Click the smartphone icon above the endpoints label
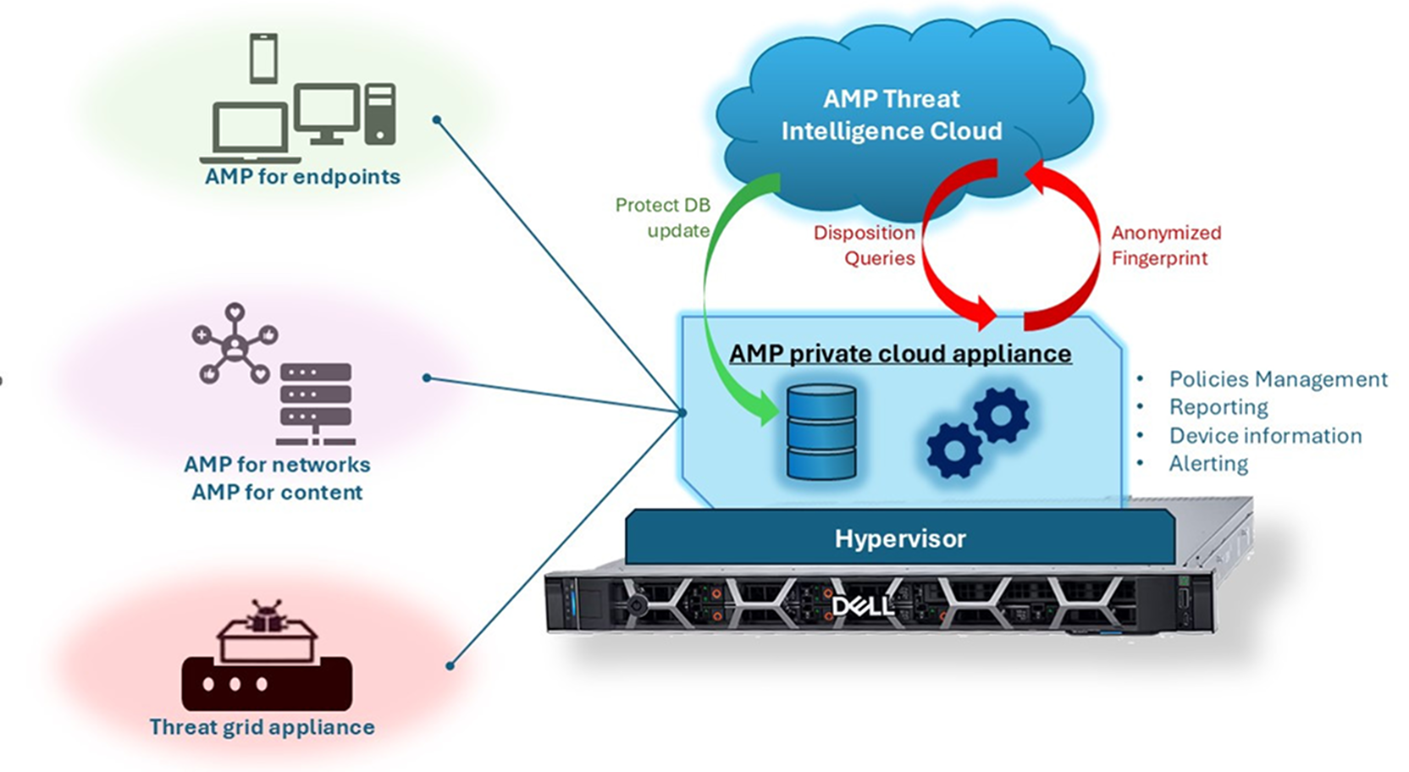click(263, 58)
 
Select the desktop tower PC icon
click(380, 113)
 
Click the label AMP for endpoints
click(302, 177)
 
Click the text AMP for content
click(277, 493)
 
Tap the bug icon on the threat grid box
click(268, 615)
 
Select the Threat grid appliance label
click(262, 727)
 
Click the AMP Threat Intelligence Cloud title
click(891, 115)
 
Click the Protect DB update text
click(663, 218)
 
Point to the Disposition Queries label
click(865, 245)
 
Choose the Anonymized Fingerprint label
click(1166, 245)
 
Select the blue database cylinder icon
click(821, 433)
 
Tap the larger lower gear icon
click(953, 449)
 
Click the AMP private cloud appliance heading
click(900, 354)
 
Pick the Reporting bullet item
click(1218, 407)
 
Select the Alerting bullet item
click(1207, 464)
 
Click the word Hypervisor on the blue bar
click(900, 538)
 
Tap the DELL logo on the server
click(862, 604)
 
